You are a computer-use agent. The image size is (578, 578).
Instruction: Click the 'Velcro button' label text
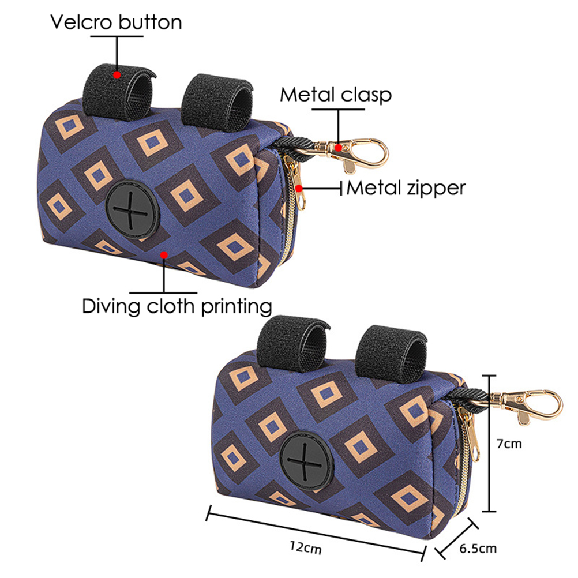pyautogui.click(x=116, y=22)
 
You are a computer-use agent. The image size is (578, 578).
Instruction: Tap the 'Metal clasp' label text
pyautogui.click(x=336, y=95)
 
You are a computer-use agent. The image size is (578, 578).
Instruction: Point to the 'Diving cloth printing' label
pyautogui.click(x=177, y=305)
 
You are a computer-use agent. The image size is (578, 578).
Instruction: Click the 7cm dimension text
pyautogui.click(x=508, y=445)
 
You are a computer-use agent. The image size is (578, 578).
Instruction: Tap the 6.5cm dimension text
pyautogui.click(x=478, y=548)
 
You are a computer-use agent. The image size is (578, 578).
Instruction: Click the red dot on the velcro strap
pyautogui.click(x=117, y=74)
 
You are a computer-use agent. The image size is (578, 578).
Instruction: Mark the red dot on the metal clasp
pyautogui.click(x=337, y=147)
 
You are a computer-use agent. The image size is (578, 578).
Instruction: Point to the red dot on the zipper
pyautogui.click(x=300, y=187)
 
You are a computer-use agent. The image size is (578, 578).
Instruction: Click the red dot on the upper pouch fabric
pyautogui.click(x=165, y=253)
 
